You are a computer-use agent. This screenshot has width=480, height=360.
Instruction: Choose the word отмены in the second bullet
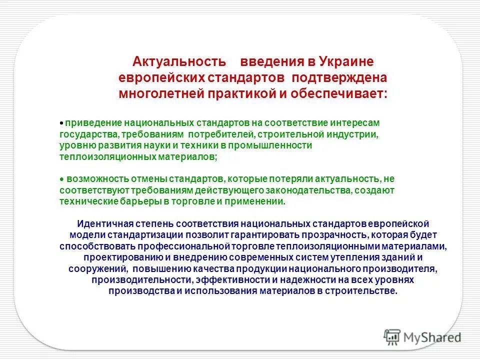point(150,179)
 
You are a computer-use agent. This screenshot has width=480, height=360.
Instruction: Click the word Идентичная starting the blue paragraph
point(102,223)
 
